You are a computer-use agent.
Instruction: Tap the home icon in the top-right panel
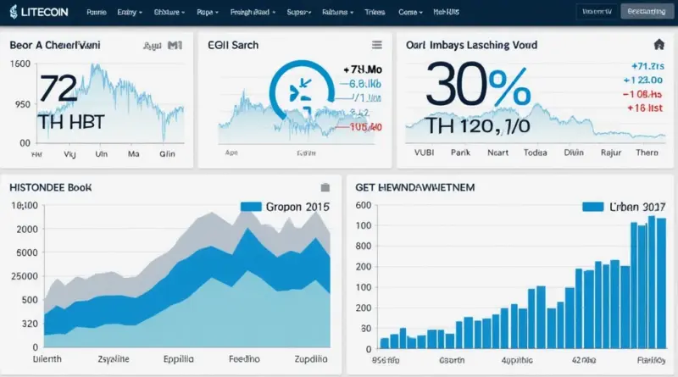658,44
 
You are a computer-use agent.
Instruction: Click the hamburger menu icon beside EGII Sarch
377,44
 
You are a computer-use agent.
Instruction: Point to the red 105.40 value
365,126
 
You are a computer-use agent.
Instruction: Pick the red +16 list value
644,108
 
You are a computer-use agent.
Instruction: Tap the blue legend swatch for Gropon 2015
251,206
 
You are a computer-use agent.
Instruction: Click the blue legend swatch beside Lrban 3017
595,206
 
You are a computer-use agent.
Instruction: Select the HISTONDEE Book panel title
50,186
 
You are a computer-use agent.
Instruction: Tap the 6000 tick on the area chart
24,252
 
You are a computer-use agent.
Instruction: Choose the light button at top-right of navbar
647,11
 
